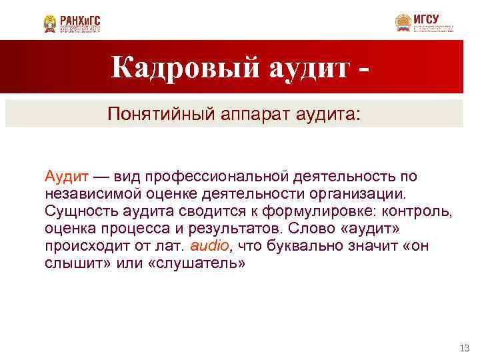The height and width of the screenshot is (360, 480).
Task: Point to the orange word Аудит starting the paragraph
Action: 67,176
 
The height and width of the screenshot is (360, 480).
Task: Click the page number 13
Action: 465,347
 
